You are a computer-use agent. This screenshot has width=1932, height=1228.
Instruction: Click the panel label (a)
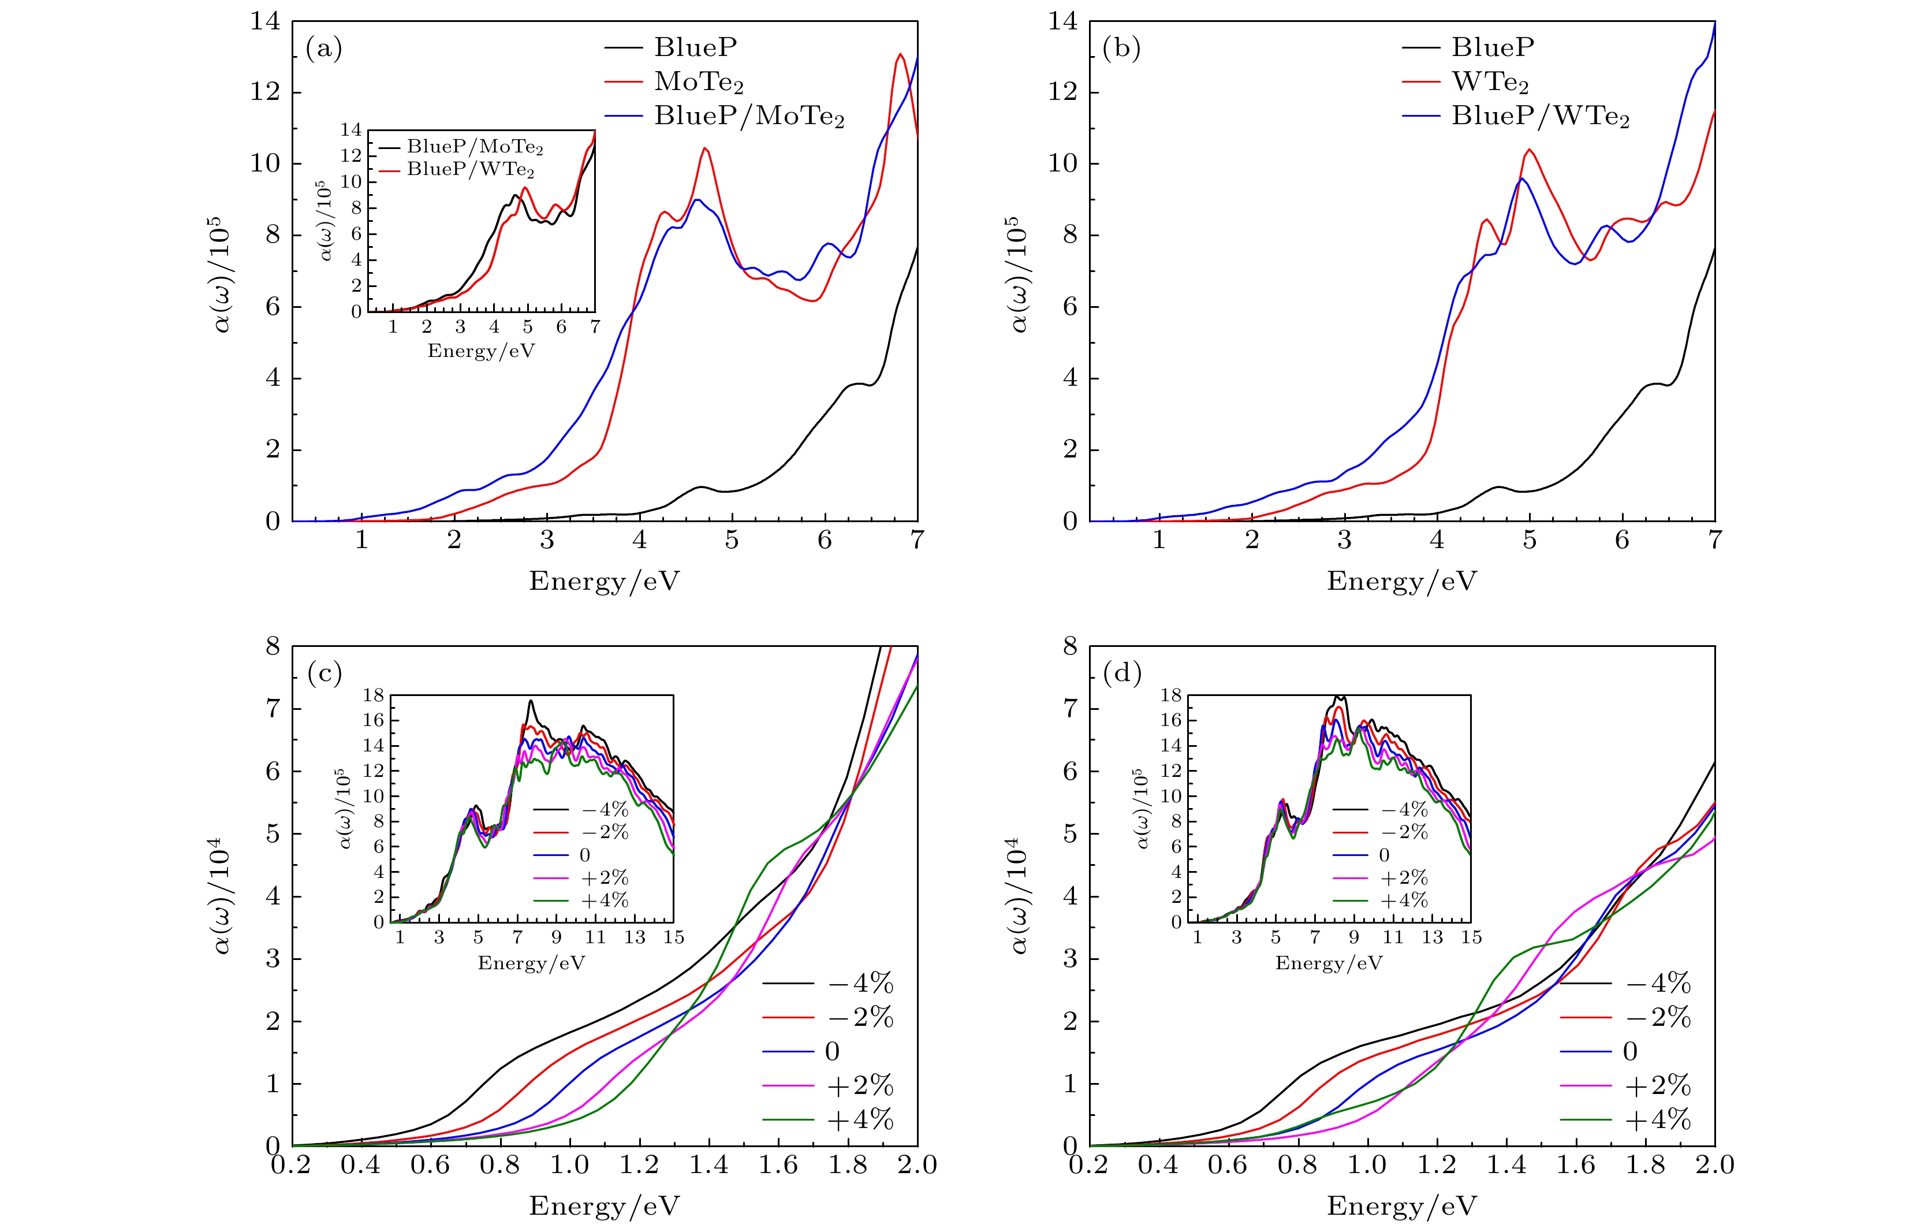click(x=324, y=50)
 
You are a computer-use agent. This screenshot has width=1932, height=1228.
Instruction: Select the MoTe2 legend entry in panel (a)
click(x=699, y=82)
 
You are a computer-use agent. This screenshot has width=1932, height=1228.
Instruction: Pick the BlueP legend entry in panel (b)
click(x=1493, y=47)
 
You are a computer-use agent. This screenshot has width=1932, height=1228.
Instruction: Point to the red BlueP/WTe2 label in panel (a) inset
click(x=470, y=169)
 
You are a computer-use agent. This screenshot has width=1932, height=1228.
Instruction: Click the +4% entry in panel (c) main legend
click(x=860, y=1119)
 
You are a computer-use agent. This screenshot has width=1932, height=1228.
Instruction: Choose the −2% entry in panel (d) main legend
click(x=1658, y=1017)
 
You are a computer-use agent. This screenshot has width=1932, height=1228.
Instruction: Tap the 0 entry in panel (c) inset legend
click(x=585, y=855)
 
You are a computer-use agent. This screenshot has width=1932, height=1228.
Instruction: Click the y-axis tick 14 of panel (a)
click(x=266, y=22)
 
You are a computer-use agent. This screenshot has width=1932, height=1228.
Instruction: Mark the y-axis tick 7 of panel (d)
click(x=1071, y=709)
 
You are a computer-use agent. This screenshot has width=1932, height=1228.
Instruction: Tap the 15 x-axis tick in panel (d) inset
click(x=1471, y=937)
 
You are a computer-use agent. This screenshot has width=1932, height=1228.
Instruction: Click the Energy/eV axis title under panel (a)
click(x=604, y=580)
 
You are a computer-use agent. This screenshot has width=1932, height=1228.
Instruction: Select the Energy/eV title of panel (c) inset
click(x=531, y=963)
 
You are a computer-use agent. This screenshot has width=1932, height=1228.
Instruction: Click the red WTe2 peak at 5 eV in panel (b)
click(x=1530, y=150)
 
